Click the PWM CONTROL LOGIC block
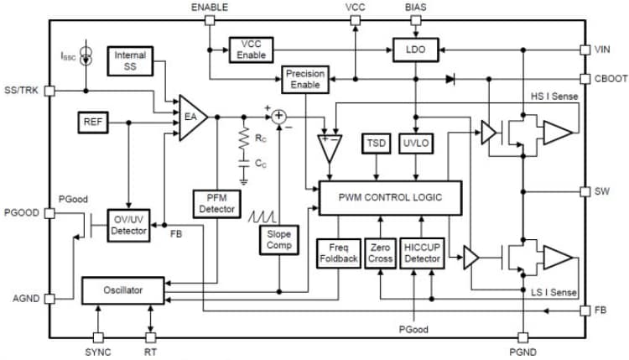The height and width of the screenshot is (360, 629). click(391, 196)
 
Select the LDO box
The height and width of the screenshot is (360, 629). click(416, 50)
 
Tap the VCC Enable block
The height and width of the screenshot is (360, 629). click(251, 50)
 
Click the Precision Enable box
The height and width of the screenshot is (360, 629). click(304, 79)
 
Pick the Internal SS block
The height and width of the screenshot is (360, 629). click(130, 60)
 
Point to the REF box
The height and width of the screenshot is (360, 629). click(92, 122)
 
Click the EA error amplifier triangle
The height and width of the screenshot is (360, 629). click(191, 117)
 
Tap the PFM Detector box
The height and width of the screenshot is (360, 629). click(217, 201)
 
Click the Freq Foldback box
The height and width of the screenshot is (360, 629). click(338, 253)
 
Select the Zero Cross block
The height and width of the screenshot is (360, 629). click(380, 253)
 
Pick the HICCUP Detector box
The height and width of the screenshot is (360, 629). click(423, 253)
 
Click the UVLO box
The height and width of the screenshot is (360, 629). click(416, 143)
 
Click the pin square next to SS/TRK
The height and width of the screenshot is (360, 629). click(50, 90)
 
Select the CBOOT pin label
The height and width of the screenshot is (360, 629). click(608, 78)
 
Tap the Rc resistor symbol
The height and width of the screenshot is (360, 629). click(243, 142)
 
